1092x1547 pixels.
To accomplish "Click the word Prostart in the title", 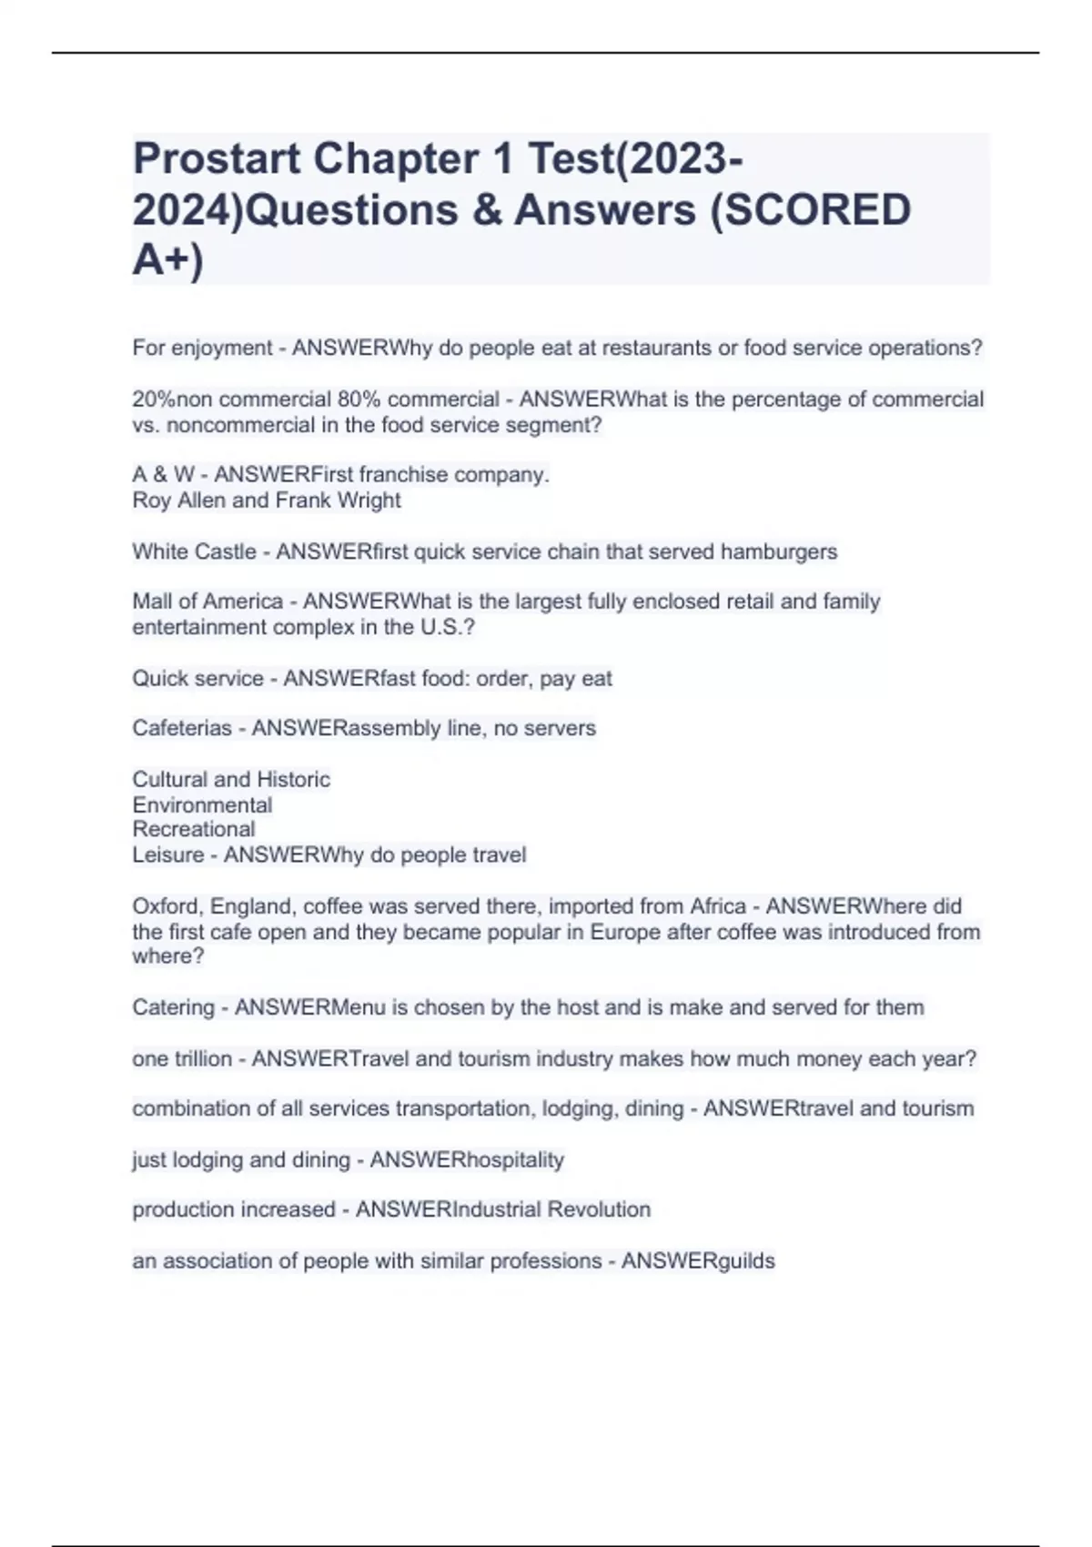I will point(217,159).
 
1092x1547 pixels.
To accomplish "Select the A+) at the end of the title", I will point(168,260).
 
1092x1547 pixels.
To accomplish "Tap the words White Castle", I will point(194,551).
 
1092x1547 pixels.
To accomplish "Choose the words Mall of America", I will point(207,602).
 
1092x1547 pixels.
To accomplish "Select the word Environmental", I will point(202,804).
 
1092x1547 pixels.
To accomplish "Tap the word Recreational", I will point(194,829).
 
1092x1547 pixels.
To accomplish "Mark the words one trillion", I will point(182,1058).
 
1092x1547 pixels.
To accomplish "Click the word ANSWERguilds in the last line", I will point(698,1260).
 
